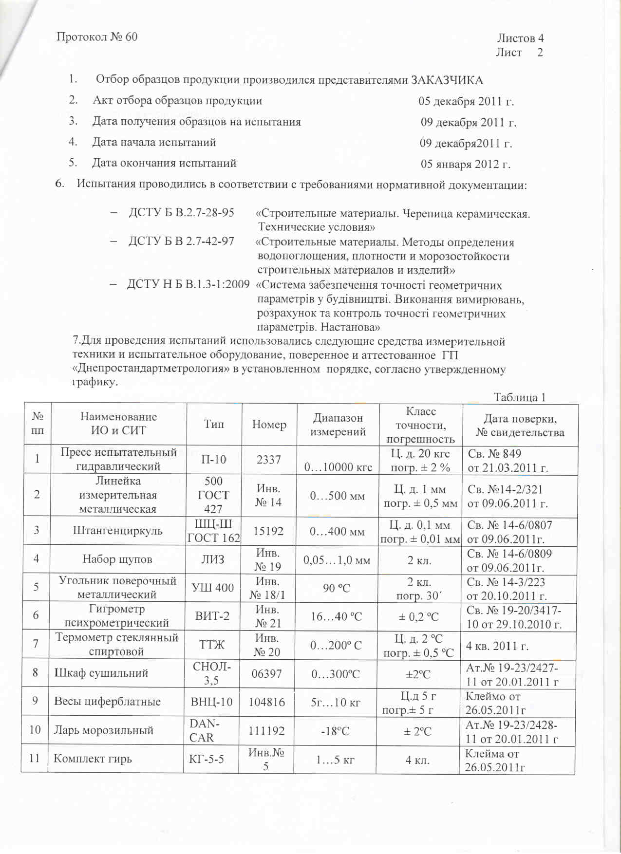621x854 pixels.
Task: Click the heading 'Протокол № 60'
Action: (x=97, y=37)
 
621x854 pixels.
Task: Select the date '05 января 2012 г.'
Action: (x=465, y=164)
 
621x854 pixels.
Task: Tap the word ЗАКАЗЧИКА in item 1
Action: (x=447, y=80)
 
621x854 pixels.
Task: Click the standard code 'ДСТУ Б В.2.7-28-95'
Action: (x=181, y=213)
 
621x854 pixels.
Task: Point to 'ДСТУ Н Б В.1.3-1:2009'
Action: (x=188, y=284)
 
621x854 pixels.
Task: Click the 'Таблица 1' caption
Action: (x=519, y=397)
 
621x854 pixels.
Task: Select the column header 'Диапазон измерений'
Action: (x=338, y=425)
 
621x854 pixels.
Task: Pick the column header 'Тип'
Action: (x=213, y=424)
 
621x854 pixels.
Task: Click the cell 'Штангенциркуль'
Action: (x=117, y=531)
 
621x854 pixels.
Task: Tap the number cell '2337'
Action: (x=268, y=459)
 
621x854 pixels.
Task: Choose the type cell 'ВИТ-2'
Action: (x=212, y=616)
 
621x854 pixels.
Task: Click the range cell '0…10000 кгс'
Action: (x=338, y=467)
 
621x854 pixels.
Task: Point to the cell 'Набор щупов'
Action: (x=117, y=559)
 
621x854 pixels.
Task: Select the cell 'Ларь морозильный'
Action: (x=103, y=730)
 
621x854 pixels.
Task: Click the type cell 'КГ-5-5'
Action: (x=207, y=759)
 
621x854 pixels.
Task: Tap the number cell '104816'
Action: (x=266, y=702)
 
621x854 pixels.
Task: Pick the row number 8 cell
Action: (x=35, y=673)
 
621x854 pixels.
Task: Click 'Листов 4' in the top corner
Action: (x=520, y=38)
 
